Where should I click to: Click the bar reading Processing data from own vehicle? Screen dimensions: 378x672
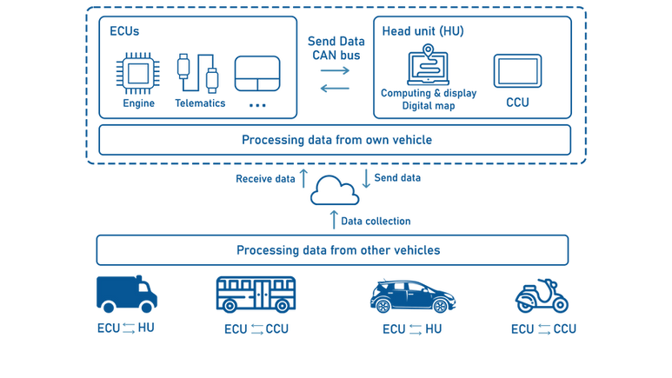334,139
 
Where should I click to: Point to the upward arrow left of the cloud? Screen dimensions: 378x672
303,179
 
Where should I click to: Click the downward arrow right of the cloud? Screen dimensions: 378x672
367,179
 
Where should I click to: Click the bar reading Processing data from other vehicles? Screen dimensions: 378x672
334,249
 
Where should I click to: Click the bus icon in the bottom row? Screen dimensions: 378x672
257,294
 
